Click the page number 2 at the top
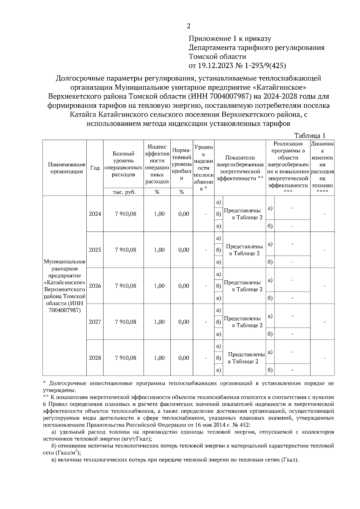pos(188,26)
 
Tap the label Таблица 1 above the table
pos(310,135)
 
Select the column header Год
pos(95,168)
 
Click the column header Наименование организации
pos(64,168)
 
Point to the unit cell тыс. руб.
pos(124,192)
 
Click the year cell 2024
pos(95,214)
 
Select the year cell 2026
pos(95,286)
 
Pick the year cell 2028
pos(95,358)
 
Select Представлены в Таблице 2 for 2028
pos(246,358)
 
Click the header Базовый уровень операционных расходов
pos(123,164)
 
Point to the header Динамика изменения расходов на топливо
pos(322,168)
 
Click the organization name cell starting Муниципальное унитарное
pos(64,286)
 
